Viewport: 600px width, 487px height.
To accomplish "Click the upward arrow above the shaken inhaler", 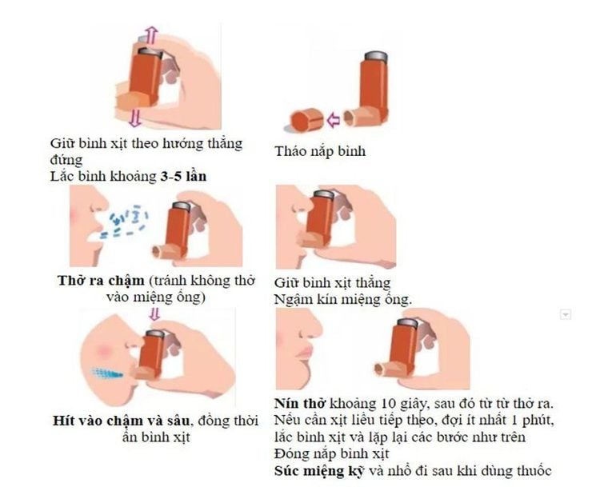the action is click(x=152, y=35).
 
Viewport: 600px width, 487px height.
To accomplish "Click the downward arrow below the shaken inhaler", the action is click(x=134, y=117).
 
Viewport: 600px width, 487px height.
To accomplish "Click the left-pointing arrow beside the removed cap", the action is click(x=334, y=119).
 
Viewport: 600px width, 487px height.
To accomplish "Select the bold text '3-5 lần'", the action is click(x=183, y=177).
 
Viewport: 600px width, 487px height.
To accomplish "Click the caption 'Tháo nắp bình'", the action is click(x=320, y=151).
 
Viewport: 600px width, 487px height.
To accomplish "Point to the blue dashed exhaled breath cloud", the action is click(x=123, y=222).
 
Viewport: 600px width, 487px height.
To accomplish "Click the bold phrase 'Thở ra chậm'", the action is click(x=101, y=281).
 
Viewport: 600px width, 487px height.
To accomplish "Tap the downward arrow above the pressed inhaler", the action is click(x=154, y=314).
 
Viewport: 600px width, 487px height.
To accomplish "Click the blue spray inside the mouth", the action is click(x=106, y=372).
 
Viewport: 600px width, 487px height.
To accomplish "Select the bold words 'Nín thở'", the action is click(x=300, y=403).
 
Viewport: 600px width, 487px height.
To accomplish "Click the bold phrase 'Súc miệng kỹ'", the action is click(x=319, y=470).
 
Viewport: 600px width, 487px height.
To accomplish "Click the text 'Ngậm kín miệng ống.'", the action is click(x=343, y=299).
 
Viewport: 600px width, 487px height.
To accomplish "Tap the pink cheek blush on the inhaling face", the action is click(x=103, y=350).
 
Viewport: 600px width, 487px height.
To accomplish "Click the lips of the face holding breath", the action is click(x=304, y=352).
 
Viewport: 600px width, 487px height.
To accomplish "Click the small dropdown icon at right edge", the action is click(x=565, y=314).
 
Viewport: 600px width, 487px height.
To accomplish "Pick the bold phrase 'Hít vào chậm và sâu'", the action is click(x=121, y=421).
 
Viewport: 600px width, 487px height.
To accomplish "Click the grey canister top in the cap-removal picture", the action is click(x=377, y=56).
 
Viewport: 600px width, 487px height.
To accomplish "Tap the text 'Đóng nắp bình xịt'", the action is click(x=331, y=453).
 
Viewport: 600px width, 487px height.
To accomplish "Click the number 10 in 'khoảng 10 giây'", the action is click(x=388, y=404).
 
